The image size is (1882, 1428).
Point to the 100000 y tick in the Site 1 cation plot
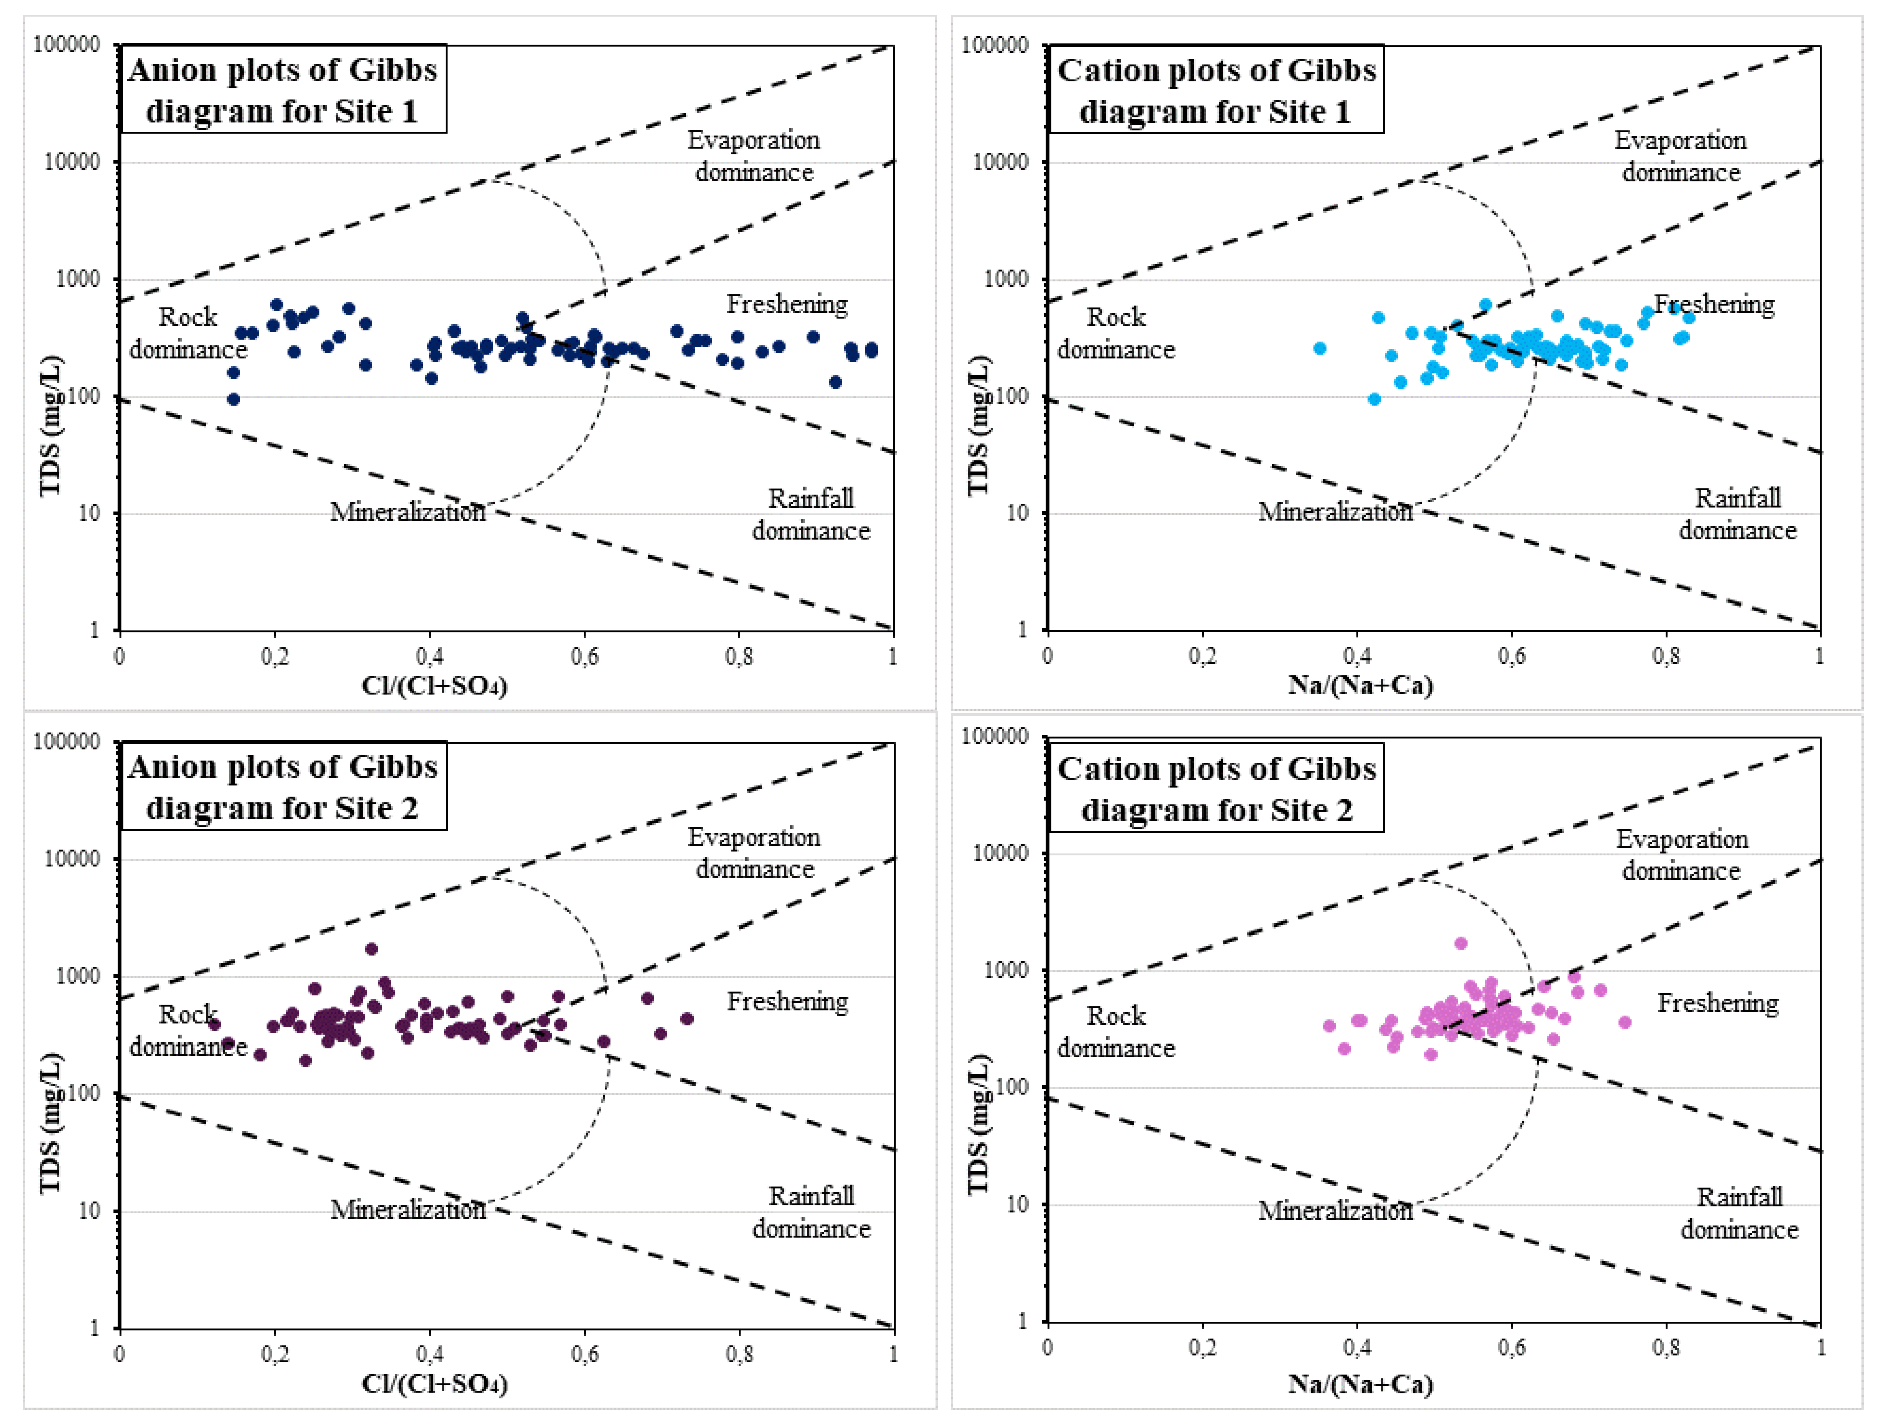[994, 45]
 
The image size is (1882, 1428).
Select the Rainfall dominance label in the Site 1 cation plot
[1737, 514]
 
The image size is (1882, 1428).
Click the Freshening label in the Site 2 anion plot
[787, 1002]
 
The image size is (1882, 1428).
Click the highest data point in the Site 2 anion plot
[371, 949]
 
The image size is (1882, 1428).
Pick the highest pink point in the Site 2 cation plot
[1461, 943]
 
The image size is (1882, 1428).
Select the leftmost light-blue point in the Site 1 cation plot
[1320, 348]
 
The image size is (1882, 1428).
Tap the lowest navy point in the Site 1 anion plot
[233, 399]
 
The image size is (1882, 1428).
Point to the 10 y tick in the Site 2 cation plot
[1017, 1204]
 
